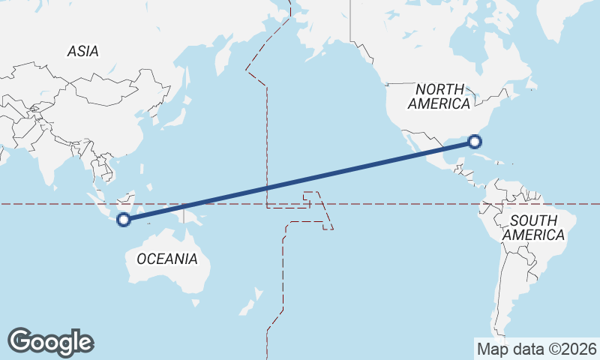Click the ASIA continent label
coord(82,51)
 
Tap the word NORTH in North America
coord(439,89)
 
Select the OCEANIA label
coord(167,259)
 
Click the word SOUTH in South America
coord(533,220)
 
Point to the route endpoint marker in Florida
coord(475,140)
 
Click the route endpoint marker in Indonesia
coord(124,220)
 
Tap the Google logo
coord(50,341)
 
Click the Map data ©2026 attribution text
coord(536,349)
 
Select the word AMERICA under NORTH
coord(439,103)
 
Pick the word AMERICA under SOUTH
coord(533,235)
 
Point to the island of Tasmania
coord(196,302)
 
